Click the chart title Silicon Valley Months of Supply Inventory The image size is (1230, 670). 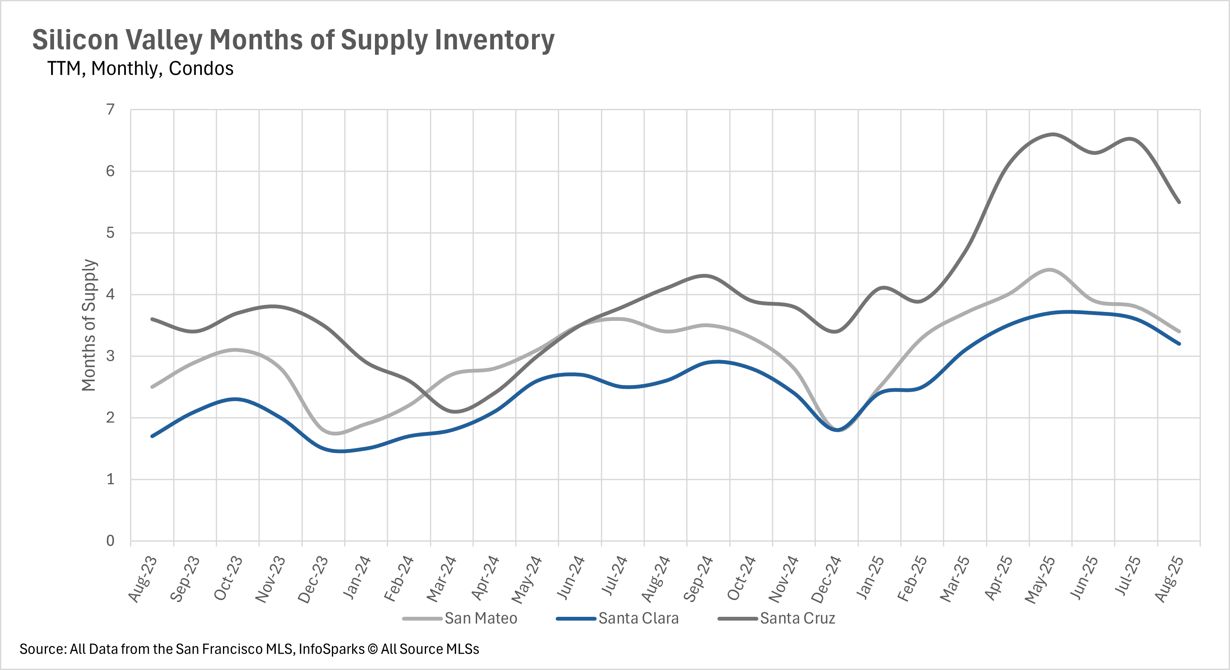click(293, 40)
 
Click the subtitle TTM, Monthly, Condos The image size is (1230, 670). click(140, 69)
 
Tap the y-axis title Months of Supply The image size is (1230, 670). click(89, 325)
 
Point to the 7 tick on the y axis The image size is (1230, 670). click(110, 110)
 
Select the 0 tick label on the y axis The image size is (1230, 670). click(110, 540)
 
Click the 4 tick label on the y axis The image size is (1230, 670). click(110, 294)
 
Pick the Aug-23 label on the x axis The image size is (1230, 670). click(142, 579)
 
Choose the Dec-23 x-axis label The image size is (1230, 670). click(313, 579)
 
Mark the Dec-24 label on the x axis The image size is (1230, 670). click(826, 579)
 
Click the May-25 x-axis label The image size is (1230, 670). click(1040, 579)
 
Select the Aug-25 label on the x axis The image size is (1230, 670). click(1169, 579)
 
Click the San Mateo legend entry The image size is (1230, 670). click(481, 618)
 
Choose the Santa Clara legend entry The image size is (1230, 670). click(638, 618)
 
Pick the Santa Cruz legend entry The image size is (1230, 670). click(797, 618)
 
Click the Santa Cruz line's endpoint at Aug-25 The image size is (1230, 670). click(1179, 202)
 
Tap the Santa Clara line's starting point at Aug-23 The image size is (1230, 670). click(152, 436)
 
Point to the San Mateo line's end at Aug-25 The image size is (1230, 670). click(1179, 331)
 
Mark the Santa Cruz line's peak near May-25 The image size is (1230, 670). click(1053, 134)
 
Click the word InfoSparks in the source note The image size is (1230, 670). click(331, 649)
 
